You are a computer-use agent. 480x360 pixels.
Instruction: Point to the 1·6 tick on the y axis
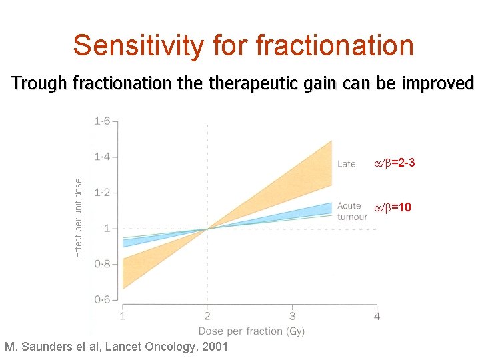tap(102, 121)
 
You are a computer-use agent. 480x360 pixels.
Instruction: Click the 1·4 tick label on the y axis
tap(102, 157)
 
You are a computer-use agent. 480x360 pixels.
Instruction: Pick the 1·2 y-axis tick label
tap(102, 193)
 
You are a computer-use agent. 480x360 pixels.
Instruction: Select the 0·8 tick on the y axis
tap(102, 264)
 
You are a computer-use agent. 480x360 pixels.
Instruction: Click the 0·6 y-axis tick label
tap(102, 299)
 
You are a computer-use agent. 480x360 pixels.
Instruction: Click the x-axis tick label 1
tap(123, 316)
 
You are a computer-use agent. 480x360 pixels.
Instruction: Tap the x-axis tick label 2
tap(207, 316)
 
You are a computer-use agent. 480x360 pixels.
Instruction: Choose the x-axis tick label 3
tap(292, 316)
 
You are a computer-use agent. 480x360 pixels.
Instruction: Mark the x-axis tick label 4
tap(377, 316)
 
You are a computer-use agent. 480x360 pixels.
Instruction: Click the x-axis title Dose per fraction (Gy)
tap(251, 331)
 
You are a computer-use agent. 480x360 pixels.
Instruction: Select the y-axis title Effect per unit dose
tap(79, 217)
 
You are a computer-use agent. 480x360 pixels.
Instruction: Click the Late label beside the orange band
tap(347, 164)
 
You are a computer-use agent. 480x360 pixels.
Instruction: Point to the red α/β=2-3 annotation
tap(394, 163)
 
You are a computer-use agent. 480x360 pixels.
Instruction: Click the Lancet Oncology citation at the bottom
tap(116, 347)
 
